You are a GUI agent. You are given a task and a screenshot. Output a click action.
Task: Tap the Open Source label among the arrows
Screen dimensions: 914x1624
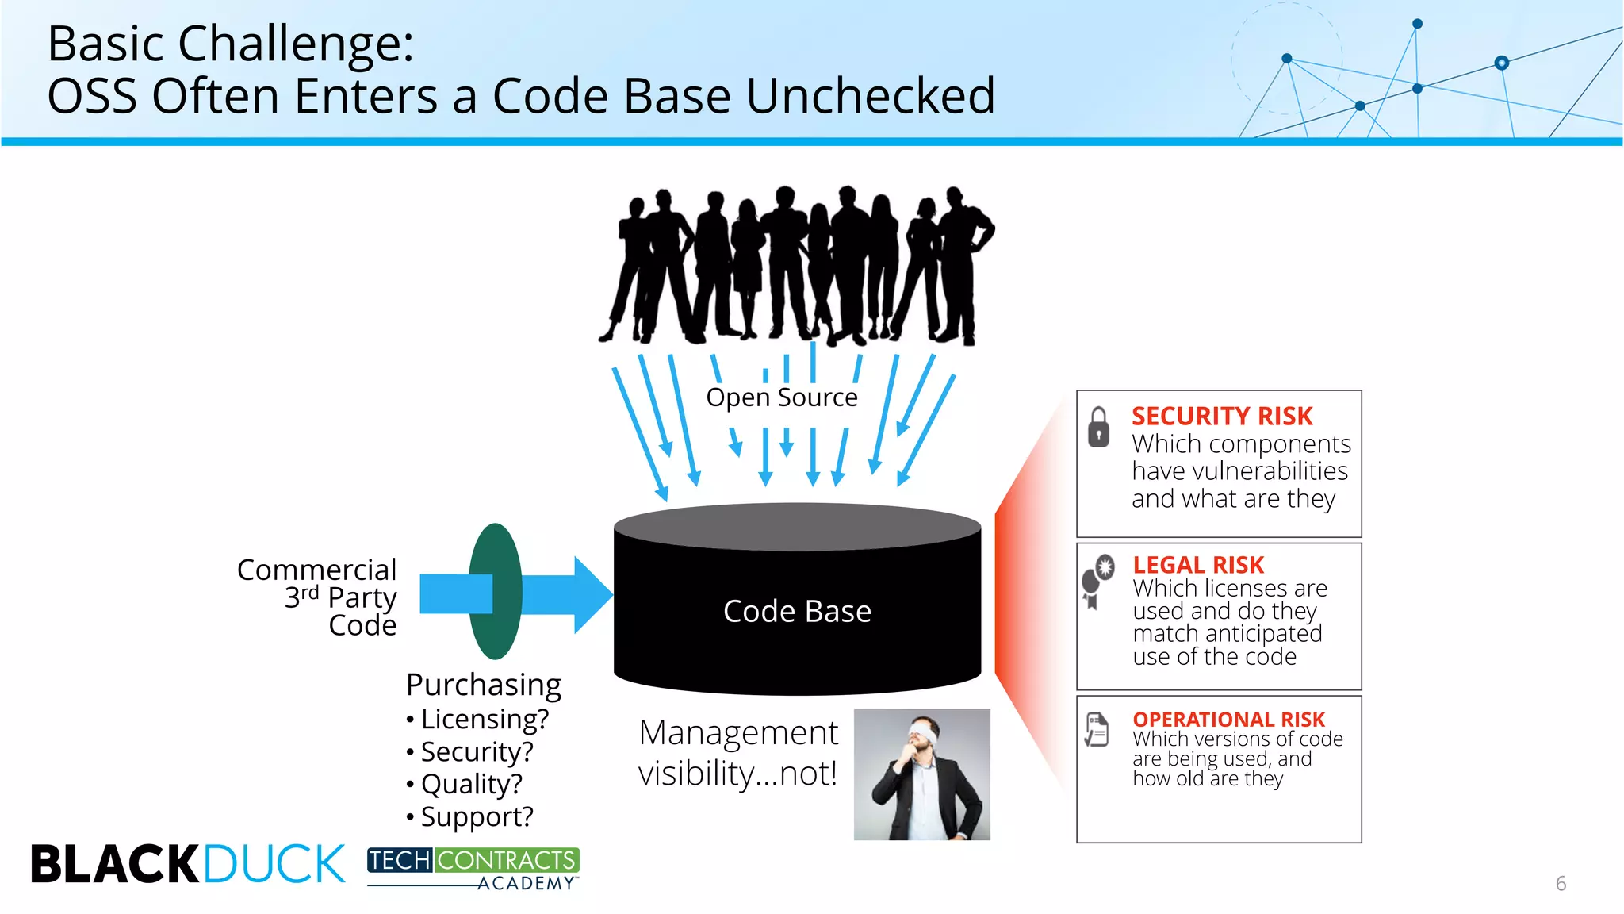click(x=782, y=397)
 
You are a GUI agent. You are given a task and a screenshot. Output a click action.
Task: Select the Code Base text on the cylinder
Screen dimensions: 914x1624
click(x=797, y=611)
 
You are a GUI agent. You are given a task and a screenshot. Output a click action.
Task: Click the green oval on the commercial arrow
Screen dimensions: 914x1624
click(x=496, y=591)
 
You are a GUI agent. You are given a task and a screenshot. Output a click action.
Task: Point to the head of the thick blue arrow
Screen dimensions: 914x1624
click(x=591, y=594)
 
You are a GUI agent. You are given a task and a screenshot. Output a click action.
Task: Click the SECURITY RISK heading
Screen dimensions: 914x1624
click(x=1221, y=417)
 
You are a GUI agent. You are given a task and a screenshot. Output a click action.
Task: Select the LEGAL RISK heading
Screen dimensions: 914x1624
click(x=1197, y=565)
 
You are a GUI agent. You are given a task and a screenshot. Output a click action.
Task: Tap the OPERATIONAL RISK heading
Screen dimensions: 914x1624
click(x=1228, y=719)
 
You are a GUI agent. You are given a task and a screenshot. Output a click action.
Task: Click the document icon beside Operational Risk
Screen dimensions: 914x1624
click(x=1097, y=729)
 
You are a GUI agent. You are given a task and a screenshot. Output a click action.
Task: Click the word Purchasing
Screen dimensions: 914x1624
click(x=484, y=684)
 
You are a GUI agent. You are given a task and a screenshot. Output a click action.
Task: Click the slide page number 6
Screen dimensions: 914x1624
click(x=1561, y=883)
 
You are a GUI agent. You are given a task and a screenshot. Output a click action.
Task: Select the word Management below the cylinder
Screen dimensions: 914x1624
click(x=738, y=732)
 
